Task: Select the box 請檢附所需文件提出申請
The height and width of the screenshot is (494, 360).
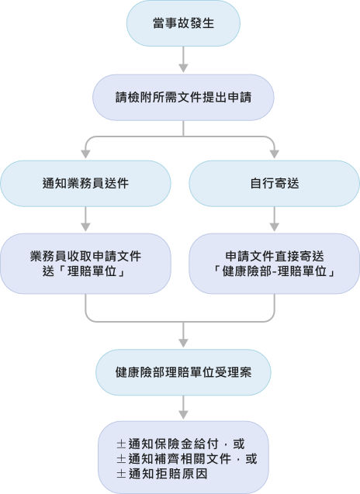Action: (183, 97)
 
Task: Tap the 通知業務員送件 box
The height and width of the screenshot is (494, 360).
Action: (85, 184)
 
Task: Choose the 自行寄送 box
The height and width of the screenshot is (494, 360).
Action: (275, 184)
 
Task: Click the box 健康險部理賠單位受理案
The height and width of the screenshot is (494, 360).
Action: (183, 371)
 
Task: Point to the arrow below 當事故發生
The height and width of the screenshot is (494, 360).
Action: (183, 58)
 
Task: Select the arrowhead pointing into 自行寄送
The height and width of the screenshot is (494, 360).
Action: (275, 152)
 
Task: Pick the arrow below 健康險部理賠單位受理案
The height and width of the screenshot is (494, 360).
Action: (183, 407)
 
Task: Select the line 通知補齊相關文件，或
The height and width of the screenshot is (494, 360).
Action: (186, 458)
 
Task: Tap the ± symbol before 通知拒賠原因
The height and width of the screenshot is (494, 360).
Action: (121, 473)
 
